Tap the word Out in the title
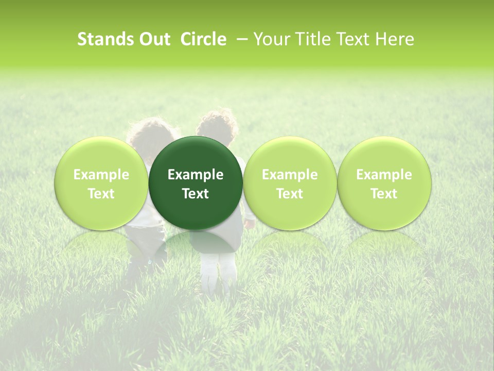[153, 39]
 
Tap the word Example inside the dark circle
[196, 175]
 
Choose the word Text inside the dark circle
[196, 194]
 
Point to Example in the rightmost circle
[384, 175]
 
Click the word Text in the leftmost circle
[101, 194]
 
